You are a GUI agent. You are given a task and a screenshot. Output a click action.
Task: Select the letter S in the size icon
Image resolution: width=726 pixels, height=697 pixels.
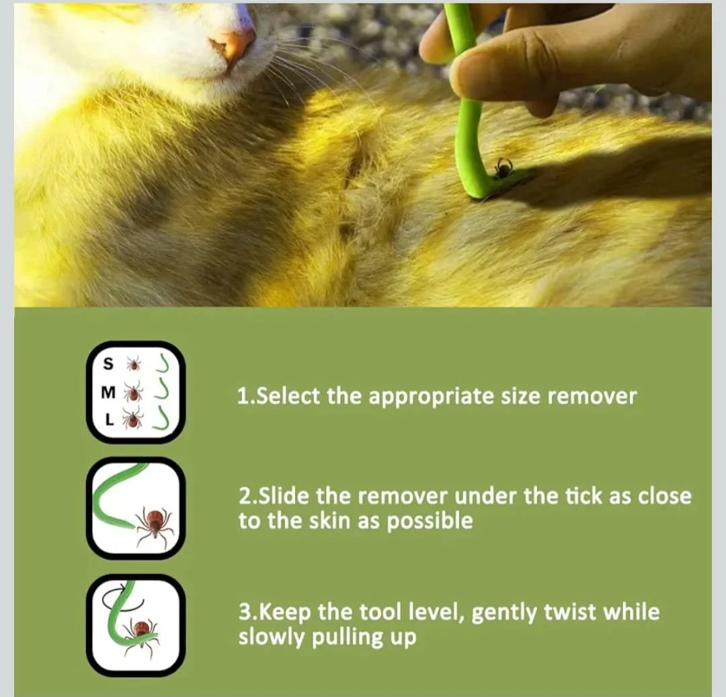pos(108,364)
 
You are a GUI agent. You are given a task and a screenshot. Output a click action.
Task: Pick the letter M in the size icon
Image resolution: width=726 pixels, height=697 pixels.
pos(108,393)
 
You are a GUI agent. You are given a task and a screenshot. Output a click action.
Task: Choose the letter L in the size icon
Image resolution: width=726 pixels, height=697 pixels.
pos(110,420)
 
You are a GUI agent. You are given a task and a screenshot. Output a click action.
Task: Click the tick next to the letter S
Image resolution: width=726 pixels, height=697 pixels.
pos(134,364)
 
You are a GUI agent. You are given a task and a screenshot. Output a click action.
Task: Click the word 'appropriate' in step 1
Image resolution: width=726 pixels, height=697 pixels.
pos(432,398)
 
